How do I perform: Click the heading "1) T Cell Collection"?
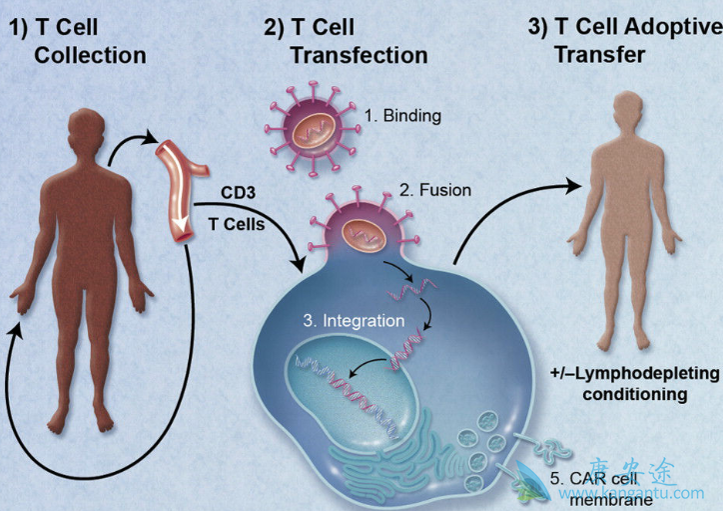(86, 40)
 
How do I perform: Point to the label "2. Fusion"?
(435, 189)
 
